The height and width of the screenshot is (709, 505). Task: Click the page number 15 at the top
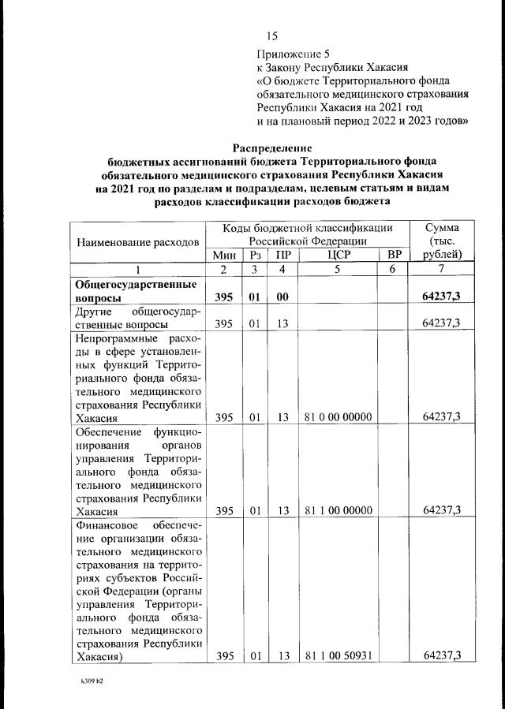[273, 35]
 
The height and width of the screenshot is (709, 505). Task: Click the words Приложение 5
[293, 54]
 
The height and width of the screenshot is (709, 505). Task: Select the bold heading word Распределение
[272, 147]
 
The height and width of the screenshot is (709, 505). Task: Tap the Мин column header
[223, 255]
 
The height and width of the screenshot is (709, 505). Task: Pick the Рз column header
[255, 255]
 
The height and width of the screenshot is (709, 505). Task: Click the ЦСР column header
[337, 255]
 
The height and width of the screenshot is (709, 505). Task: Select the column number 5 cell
[337, 271]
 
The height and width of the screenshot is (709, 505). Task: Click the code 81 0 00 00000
[338, 417]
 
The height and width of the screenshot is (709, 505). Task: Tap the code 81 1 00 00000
[338, 510]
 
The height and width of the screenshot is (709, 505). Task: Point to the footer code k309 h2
[81, 680]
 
